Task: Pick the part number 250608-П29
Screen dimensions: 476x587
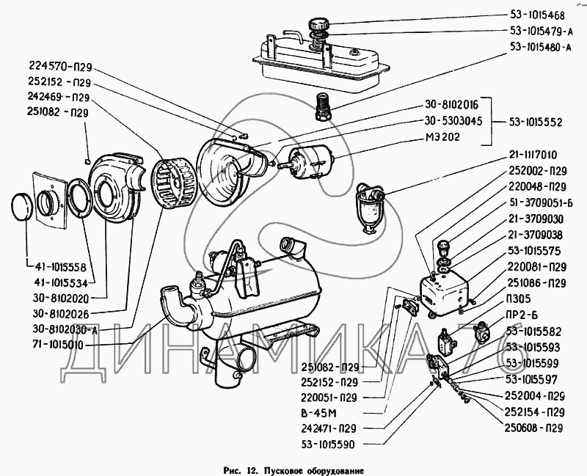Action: [x=533, y=428]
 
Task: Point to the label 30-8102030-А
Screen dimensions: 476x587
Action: [x=59, y=329]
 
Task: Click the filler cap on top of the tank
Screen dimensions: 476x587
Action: [x=322, y=21]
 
